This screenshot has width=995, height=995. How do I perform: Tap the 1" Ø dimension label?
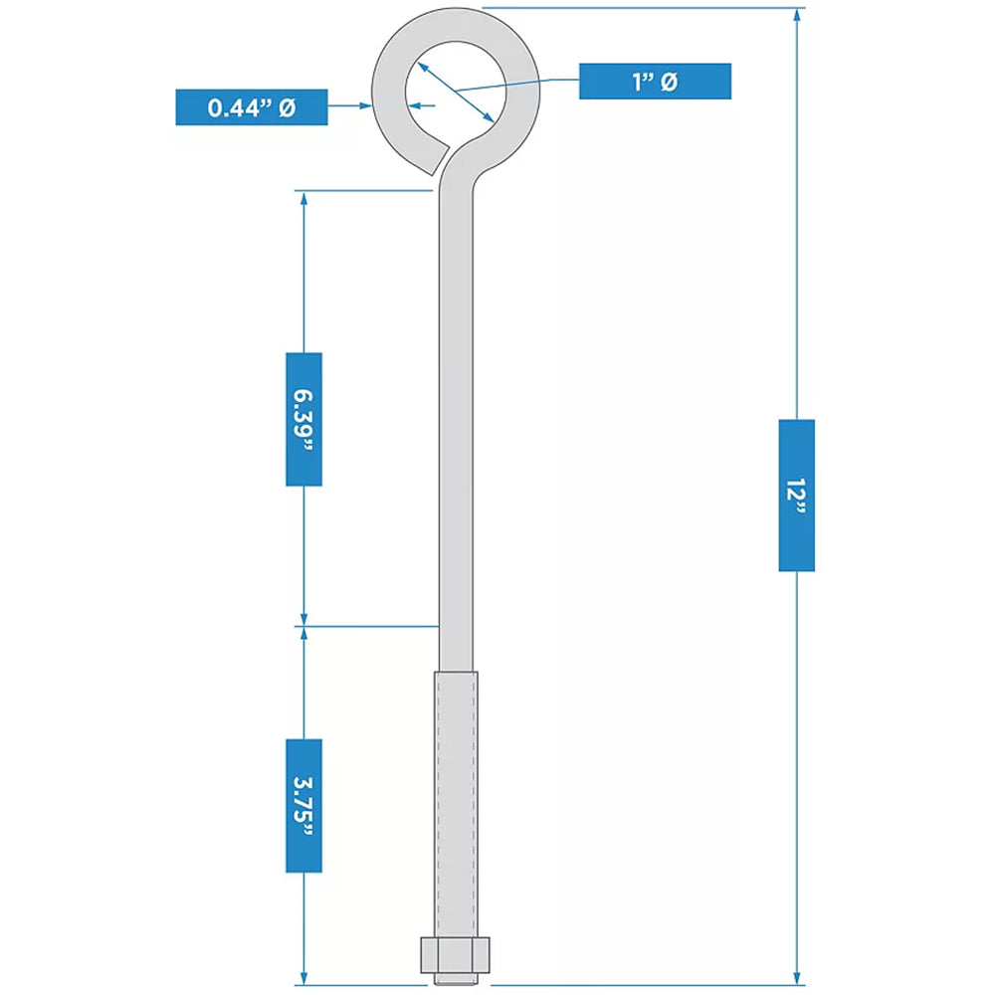pos(655,82)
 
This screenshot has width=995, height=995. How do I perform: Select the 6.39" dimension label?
pos(303,419)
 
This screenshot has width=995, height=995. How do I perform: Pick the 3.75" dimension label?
pos(303,805)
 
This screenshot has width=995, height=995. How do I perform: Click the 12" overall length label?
pos(796,495)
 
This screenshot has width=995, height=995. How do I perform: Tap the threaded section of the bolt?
pos(455,806)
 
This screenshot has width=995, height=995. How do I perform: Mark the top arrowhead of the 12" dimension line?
pos(796,16)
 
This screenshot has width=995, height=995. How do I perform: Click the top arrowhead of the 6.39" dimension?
pos(303,197)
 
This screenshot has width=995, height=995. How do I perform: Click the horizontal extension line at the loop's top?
pos(637,8)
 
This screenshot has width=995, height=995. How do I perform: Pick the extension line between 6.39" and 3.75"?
pos(368,626)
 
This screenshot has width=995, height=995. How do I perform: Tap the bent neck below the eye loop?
pos(459,174)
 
